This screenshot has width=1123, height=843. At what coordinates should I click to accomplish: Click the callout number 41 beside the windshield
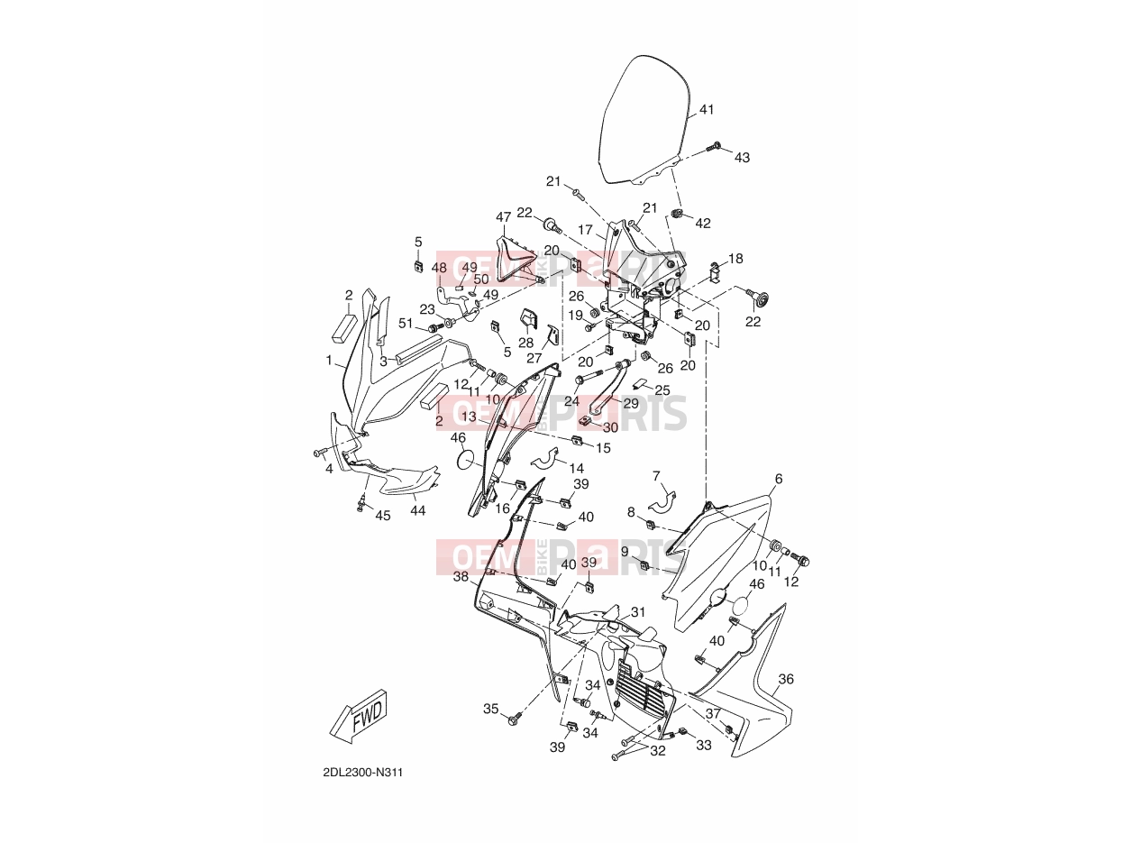(706, 109)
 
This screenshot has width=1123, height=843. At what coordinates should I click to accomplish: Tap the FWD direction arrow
(359, 716)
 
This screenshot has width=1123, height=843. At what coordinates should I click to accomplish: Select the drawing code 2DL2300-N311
(362, 773)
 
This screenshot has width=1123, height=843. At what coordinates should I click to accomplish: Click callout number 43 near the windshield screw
(742, 158)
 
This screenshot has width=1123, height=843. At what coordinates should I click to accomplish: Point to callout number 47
(504, 217)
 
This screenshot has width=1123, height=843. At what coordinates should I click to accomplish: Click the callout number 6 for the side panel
(779, 479)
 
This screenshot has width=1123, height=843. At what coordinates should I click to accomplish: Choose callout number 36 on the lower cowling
(786, 679)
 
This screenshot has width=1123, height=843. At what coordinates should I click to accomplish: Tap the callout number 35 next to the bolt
(490, 709)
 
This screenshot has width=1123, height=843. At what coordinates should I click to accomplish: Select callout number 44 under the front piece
(417, 510)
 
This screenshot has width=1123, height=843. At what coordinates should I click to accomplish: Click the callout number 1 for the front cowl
(329, 361)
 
